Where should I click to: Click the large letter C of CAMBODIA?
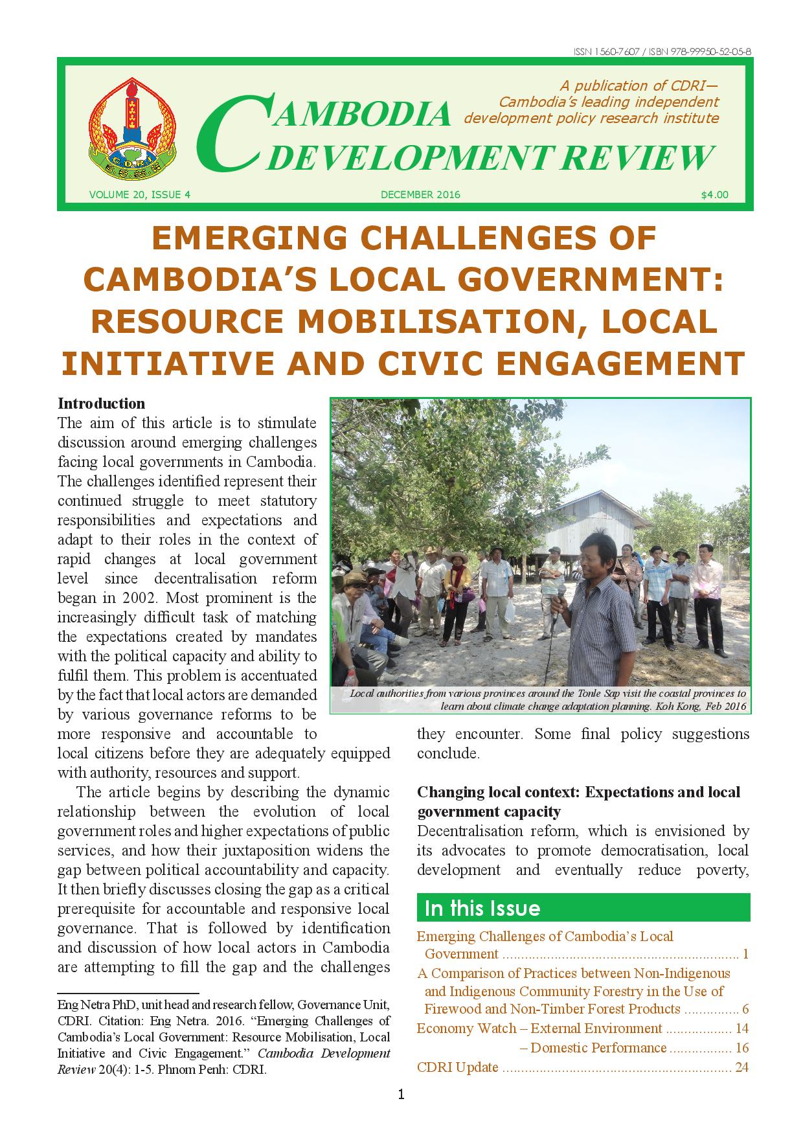click(x=231, y=133)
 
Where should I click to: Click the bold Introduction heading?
click(x=101, y=403)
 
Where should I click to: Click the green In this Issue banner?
click(x=583, y=908)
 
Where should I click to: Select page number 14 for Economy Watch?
click(x=741, y=1028)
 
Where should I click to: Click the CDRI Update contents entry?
click(x=457, y=1067)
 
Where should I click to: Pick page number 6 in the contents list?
click(x=745, y=1009)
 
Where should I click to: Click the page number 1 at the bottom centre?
click(x=401, y=1095)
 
